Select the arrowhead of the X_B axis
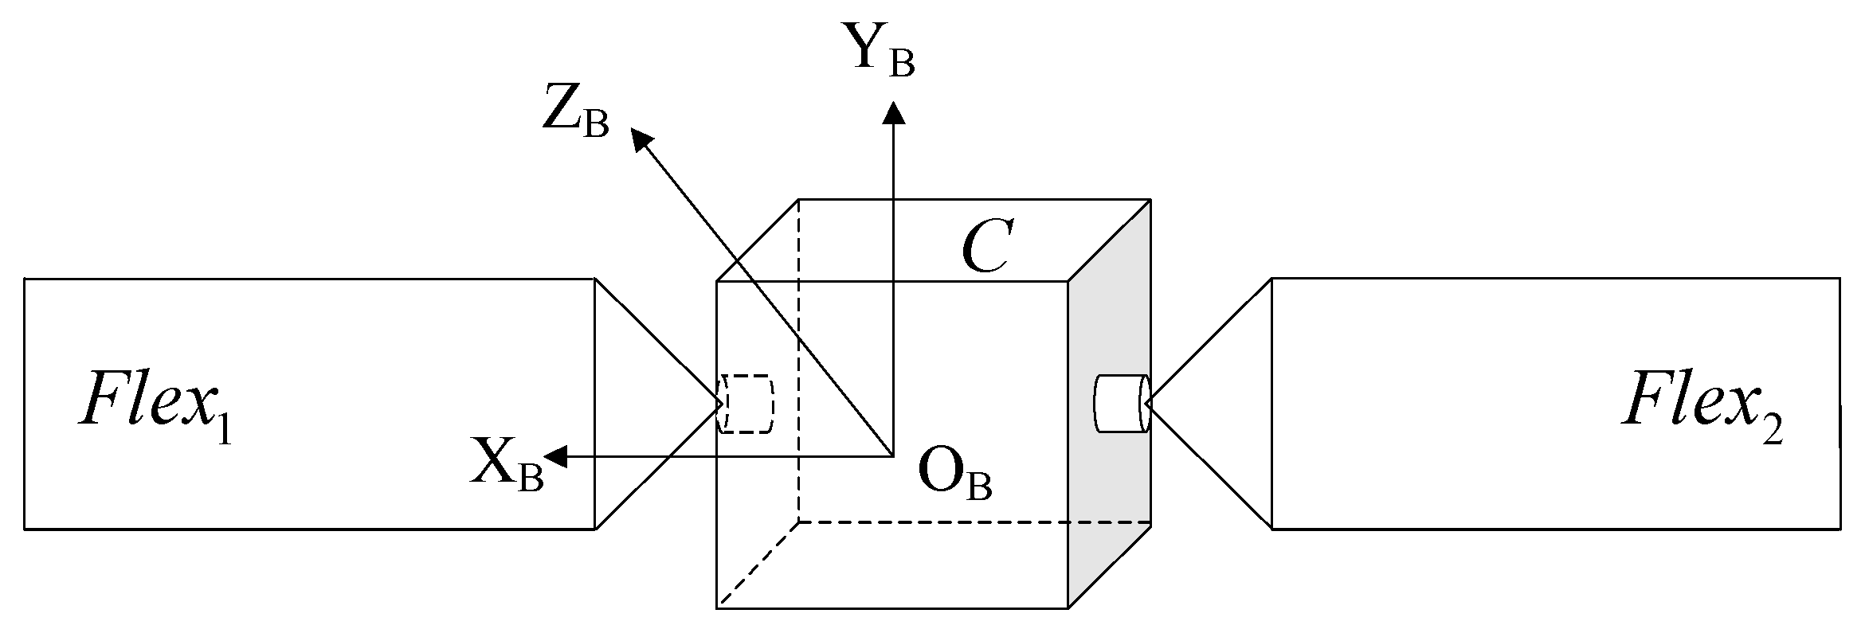(554, 456)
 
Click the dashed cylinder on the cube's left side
(746, 404)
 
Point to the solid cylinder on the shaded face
(1122, 404)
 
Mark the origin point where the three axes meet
(892, 456)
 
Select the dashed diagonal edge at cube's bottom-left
(758, 565)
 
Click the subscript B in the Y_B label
(901, 64)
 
